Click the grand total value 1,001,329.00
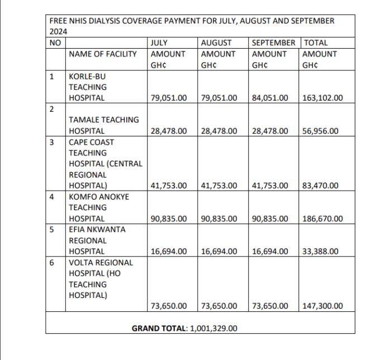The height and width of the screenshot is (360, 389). click(214, 328)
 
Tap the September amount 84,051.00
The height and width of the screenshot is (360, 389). click(270, 98)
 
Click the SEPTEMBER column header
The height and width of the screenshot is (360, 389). click(274, 42)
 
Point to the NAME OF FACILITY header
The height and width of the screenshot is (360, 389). click(102, 54)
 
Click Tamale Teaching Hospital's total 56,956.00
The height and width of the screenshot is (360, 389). click(320, 131)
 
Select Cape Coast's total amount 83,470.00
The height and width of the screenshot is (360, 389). click(320, 185)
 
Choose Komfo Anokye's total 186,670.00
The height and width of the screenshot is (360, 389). click(322, 219)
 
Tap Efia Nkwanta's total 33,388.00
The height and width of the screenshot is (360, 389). click(320, 252)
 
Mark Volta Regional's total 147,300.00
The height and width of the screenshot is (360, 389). click(322, 306)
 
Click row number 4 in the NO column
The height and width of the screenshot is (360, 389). click(52, 197)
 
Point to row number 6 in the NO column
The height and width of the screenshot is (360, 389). click(52, 262)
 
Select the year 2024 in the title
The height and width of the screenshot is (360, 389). click(58, 32)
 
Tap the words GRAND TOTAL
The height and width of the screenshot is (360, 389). click(160, 328)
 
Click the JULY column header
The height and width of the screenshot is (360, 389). click(159, 42)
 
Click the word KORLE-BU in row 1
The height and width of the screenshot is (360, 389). click(87, 76)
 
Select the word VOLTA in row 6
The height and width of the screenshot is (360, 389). click(80, 262)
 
